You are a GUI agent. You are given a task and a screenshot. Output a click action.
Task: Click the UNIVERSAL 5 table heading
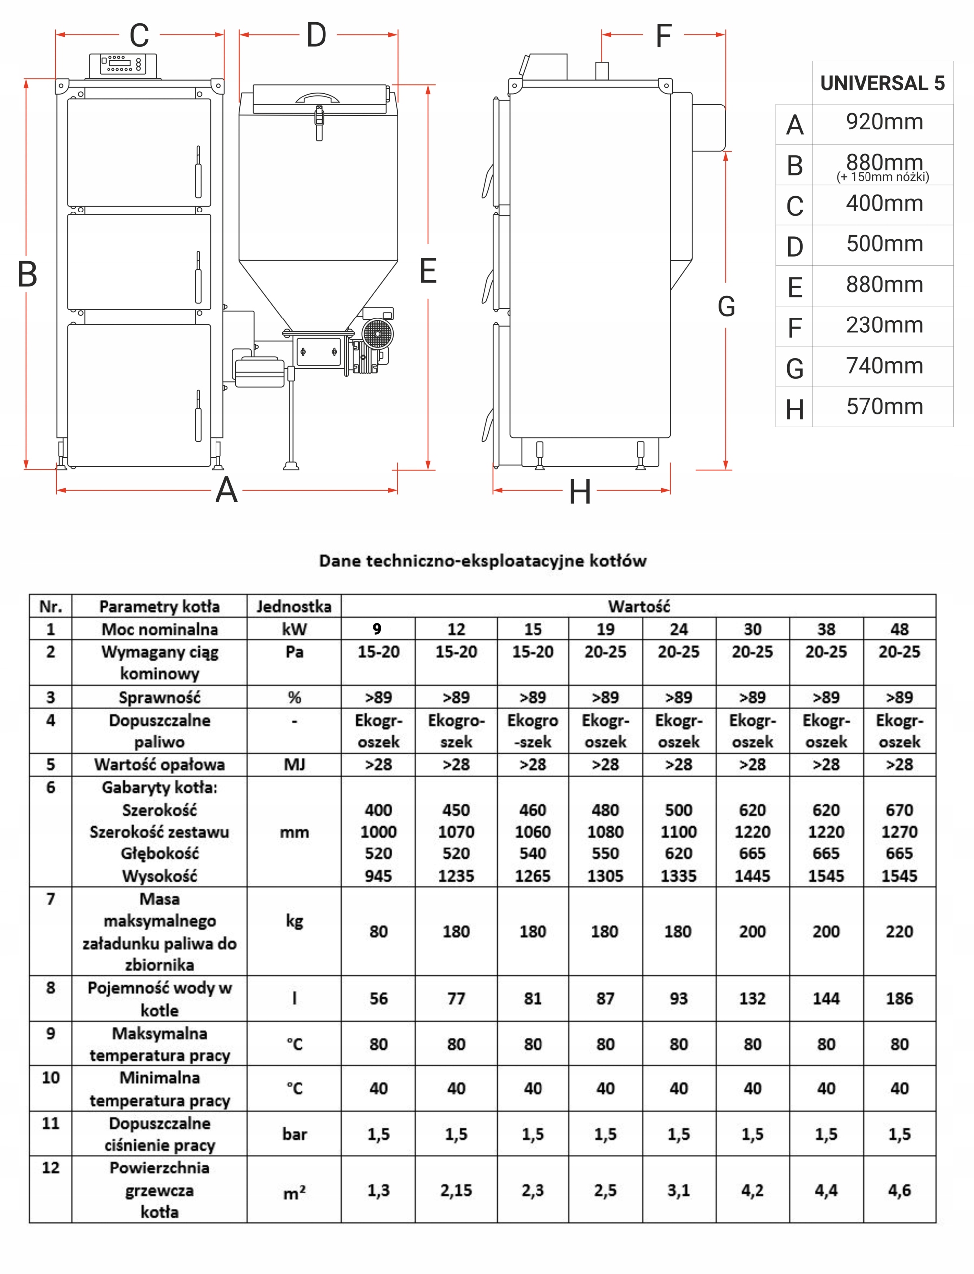click(882, 83)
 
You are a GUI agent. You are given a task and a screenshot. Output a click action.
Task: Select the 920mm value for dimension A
click(884, 122)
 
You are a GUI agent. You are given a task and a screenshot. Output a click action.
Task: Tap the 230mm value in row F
click(884, 325)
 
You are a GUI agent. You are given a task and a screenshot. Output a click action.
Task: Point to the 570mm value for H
click(884, 406)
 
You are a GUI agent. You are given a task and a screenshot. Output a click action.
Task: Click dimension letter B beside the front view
click(27, 274)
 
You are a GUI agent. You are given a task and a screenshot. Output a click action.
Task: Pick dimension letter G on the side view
click(726, 306)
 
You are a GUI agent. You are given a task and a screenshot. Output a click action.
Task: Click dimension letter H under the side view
click(580, 492)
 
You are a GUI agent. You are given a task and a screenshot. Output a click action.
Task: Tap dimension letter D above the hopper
click(316, 35)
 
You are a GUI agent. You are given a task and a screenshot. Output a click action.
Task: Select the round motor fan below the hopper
click(377, 334)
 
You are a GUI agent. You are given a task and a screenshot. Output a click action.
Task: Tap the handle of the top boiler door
click(198, 172)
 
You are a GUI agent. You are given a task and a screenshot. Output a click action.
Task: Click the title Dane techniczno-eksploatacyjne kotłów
click(482, 561)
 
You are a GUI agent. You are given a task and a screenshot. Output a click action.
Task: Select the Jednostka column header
click(294, 606)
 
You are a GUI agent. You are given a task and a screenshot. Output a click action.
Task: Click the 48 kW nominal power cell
click(899, 629)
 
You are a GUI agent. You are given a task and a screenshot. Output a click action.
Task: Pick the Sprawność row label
click(159, 697)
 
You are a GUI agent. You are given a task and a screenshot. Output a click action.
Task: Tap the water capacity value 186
click(899, 999)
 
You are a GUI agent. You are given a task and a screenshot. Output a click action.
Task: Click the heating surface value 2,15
click(456, 1190)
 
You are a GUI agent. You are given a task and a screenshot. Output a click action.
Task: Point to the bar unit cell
click(294, 1134)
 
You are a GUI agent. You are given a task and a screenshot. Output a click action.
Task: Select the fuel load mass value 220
click(899, 932)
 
